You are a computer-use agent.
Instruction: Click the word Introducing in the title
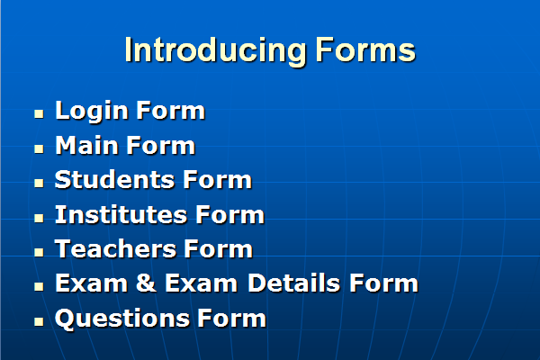[x=215, y=51]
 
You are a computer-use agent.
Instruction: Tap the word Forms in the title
[x=365, y=50]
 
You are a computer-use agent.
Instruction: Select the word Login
[x=92, y=112]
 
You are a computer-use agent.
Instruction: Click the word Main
[x=87, y=145]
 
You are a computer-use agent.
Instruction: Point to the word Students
[x=114, y=179]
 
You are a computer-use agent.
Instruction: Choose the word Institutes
[x=121, y=214]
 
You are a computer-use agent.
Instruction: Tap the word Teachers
[x=115, y=248]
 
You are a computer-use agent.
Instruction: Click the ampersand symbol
[x=146, y=283]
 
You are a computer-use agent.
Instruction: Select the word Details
[x=293, y=283]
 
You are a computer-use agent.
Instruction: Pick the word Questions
[x=121, y=319]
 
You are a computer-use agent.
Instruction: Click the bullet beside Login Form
[x=39, y=114]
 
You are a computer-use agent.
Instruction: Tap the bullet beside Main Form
[x=39, y=148]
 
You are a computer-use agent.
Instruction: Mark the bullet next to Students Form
[x=39, y=183]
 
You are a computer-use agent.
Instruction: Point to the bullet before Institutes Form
[x=39, y=218]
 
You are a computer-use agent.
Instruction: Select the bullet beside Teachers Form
[x=39, y=252]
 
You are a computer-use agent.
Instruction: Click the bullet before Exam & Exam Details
[x=39, y=286]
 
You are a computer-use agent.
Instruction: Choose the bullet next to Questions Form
[x=39, y=321]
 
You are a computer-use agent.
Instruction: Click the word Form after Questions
[x=231, y=318]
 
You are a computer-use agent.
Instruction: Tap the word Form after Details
[x=383, y=283]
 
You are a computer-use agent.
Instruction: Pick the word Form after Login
[x=171, y=111]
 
